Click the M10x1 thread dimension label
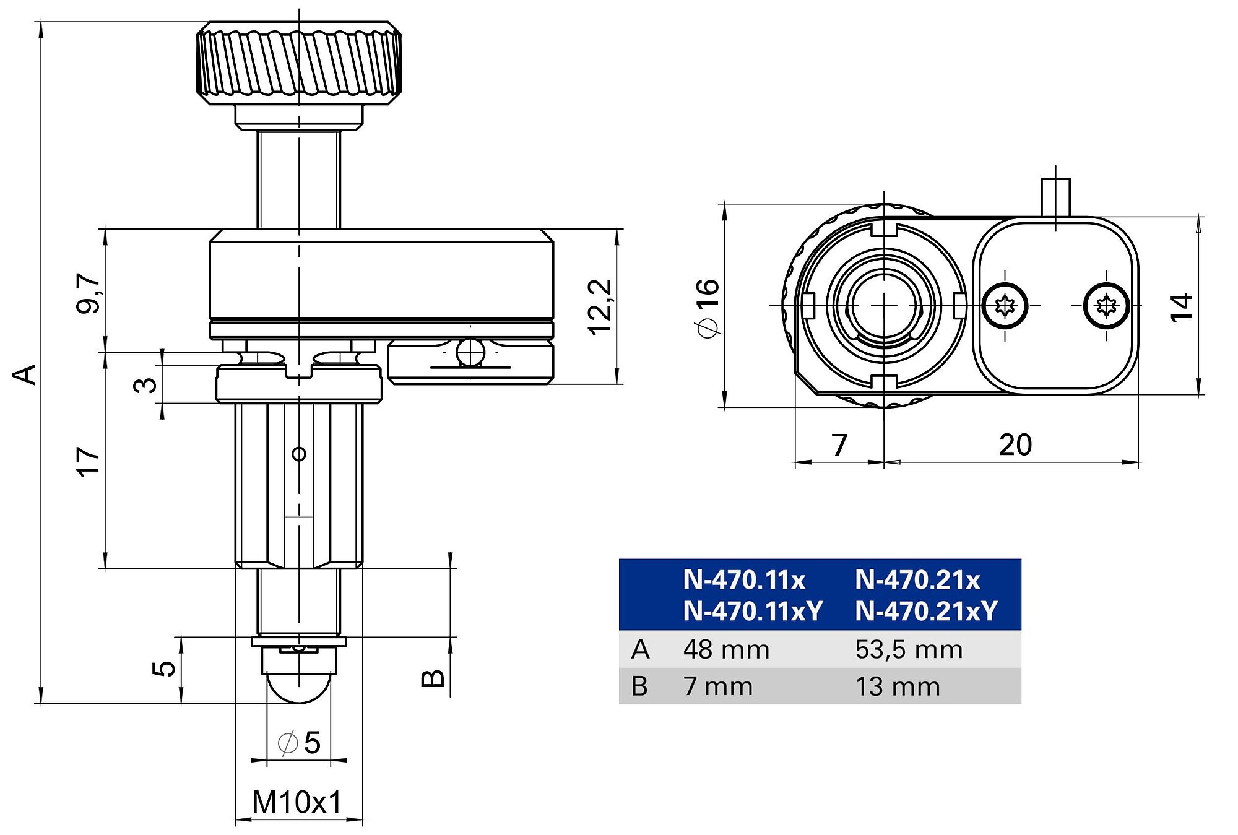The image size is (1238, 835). tap(297, 803)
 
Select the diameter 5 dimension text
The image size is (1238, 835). tap(300, 743)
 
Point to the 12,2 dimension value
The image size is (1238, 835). tap(599, 308)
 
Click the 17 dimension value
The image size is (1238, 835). tap(88, 461)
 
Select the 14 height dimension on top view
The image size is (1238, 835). tap(1181, 307)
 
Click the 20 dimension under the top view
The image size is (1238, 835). tap(1015, 445)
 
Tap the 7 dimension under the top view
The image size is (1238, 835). tap(839, 445)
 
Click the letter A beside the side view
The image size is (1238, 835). tap(25, 374)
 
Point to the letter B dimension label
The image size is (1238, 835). tap(433, 678)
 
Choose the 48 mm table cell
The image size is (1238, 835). tap(726, 650)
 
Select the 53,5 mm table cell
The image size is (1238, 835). tap(909, 650)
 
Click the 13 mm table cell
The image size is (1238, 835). tap(898, 686)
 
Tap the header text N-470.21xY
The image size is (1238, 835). tap(926, 612)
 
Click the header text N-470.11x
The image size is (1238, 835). tap(744, 581)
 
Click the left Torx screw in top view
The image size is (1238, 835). tap(1005, 306)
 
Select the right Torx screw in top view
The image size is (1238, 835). tap(1106, 305)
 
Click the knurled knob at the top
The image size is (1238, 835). tap(299, 63)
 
